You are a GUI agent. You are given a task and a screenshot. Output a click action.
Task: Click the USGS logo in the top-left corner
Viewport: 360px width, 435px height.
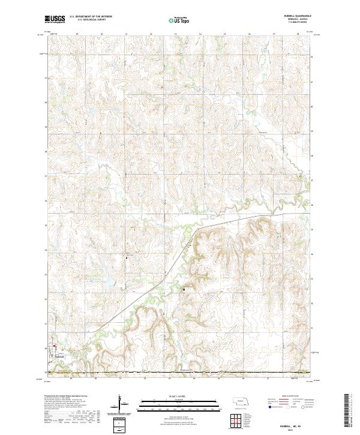[x=55, y=20]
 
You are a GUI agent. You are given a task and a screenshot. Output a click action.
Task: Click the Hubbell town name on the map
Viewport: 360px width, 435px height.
[x=59, y=355]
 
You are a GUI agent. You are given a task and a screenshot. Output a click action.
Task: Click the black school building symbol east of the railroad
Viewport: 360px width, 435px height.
[x=184, y=289]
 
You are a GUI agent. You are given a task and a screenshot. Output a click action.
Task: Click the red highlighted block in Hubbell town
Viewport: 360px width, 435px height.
[x=55, y=346]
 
